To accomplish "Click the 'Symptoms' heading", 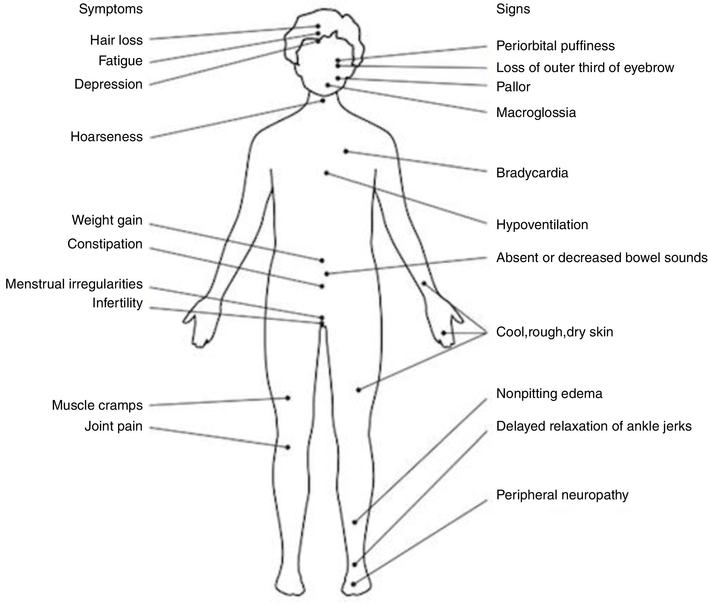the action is click(111, 9).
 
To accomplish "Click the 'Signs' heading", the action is click(513, 9).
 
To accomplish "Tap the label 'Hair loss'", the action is click(116, 40).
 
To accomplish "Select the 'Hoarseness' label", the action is click(106, 137).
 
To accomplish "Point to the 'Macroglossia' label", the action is click(536, 112).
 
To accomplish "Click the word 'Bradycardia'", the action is click(532, 173).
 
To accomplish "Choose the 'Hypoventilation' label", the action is click(542, 225).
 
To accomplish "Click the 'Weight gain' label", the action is click(107, 220).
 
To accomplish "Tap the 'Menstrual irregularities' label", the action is click(74, 284).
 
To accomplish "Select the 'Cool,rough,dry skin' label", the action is click(554, 332).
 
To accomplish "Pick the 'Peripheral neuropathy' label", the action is click(562, 495).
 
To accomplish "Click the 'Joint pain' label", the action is click(113, 427).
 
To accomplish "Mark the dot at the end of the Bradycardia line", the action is click(346, 151).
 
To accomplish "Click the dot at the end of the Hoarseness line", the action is click(323, 101).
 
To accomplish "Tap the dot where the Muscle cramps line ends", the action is click(288, 398).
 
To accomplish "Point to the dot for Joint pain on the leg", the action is click(288, 447).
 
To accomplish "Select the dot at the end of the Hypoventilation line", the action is click(326, 173).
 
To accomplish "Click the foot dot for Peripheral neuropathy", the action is click(354, 584).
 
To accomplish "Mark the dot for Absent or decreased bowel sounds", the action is click(327, 274).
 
